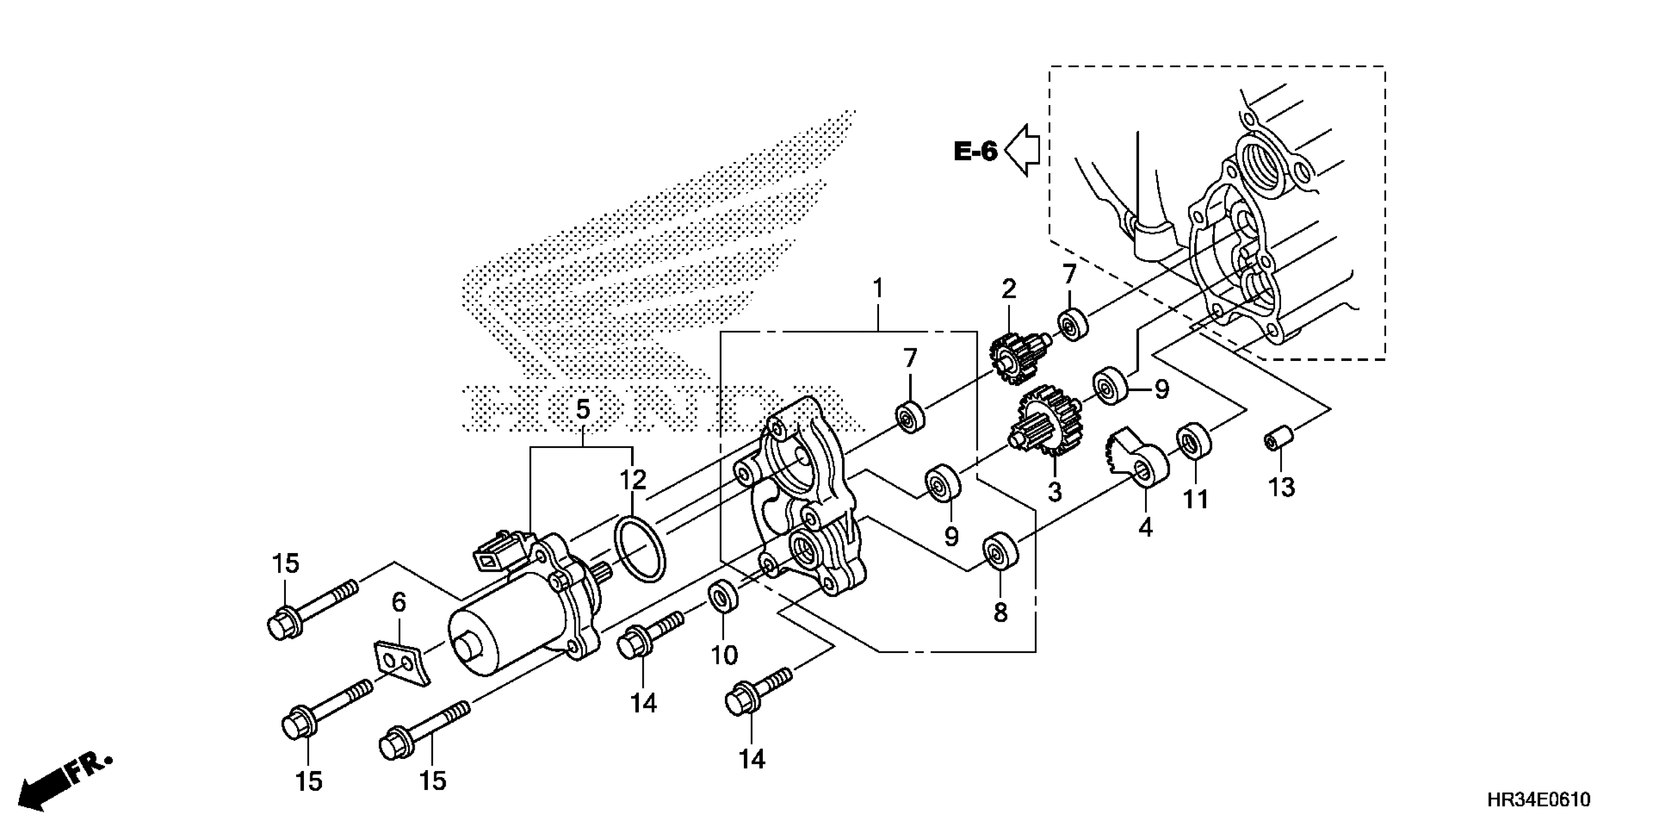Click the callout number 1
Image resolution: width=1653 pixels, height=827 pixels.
coord(878,288)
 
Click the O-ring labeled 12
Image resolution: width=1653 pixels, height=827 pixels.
coord(640,551)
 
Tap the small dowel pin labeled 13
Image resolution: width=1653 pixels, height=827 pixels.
coord(1278,442)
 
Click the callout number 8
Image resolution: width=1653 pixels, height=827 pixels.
coord(1001,613)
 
